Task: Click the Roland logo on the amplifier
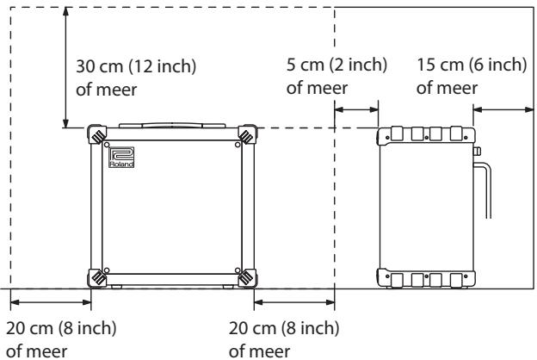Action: (121, 158)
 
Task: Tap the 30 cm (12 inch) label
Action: (136, 65)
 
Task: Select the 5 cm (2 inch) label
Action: (336, 65)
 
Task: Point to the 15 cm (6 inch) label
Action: (472, 65)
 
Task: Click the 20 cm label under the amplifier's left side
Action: (61, 328)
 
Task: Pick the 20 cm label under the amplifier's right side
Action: (284, 328)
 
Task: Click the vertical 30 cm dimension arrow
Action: (65, 67)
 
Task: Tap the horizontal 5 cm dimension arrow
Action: (356, 109)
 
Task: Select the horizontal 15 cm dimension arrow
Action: (503, 109)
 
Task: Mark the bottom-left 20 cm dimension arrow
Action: (51, 302)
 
